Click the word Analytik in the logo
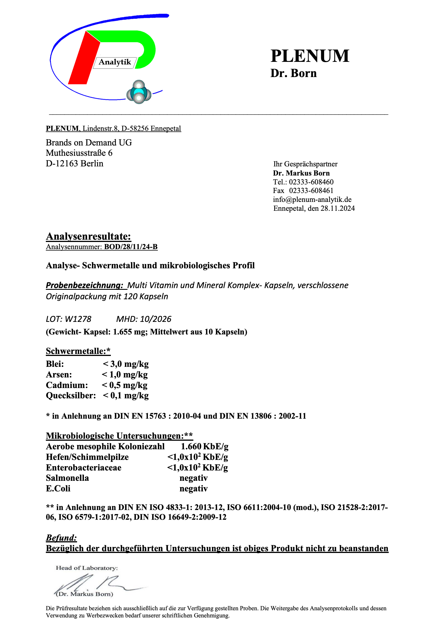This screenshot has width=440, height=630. (x=115, y=62)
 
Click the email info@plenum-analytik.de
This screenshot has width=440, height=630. (x=312, y=200)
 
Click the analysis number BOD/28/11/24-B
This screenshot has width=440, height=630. (x=131, y=247)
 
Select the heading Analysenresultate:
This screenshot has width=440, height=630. (x=89, y=237)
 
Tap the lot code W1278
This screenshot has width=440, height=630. (x=78, y=319)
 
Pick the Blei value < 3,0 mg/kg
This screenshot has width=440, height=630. (x=126, y=364)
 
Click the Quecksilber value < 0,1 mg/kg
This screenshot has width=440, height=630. (x=126, y=396)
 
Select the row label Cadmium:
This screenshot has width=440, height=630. (x=67, y=385)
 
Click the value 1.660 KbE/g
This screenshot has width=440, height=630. (x=205, y=446)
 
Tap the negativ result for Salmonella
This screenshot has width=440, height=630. (x=193, y=478)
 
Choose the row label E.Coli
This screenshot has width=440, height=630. (x=58, y=489)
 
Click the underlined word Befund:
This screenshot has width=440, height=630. (x=61, y=538)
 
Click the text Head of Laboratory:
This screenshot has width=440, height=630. (x=87, y=568)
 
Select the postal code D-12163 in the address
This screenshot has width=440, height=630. (x=62, y=164)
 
